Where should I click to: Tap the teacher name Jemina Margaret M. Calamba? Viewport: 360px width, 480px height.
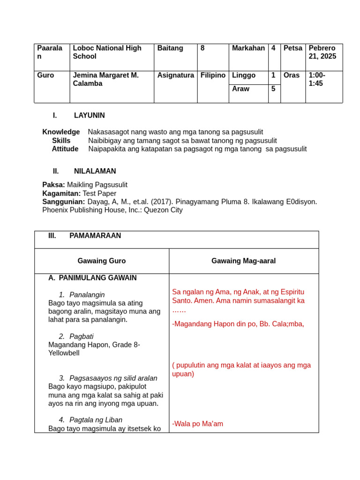[x=106, y=79]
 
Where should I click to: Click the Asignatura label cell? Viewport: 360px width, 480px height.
[x=175, y=75]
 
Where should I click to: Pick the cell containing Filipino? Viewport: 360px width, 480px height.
[x=213, y=75]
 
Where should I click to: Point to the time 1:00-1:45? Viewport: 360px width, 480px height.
[x=317, y=79]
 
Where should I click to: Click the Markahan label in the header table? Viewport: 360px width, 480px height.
[x=248, y=48]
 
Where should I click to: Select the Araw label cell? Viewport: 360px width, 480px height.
[x=240, y=89]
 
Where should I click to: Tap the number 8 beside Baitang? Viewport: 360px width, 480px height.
[x=202, y=48]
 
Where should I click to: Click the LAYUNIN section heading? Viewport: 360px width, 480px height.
[x=89, y=115]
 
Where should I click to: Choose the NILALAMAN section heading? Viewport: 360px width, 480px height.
[x=95, y=171]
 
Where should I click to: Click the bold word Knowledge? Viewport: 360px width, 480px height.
[x=61, y=132]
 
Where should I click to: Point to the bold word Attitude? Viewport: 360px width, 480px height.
[x=65, y=149]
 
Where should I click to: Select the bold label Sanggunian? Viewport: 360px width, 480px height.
[x=64, y=202]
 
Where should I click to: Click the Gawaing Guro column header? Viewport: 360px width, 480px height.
[x=102, y=261]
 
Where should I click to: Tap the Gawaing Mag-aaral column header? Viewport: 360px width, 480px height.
[x=243, y=261]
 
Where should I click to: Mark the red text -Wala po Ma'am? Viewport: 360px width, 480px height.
[x=197, y=424]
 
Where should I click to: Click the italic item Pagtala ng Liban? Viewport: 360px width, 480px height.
[x=96, y=420]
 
